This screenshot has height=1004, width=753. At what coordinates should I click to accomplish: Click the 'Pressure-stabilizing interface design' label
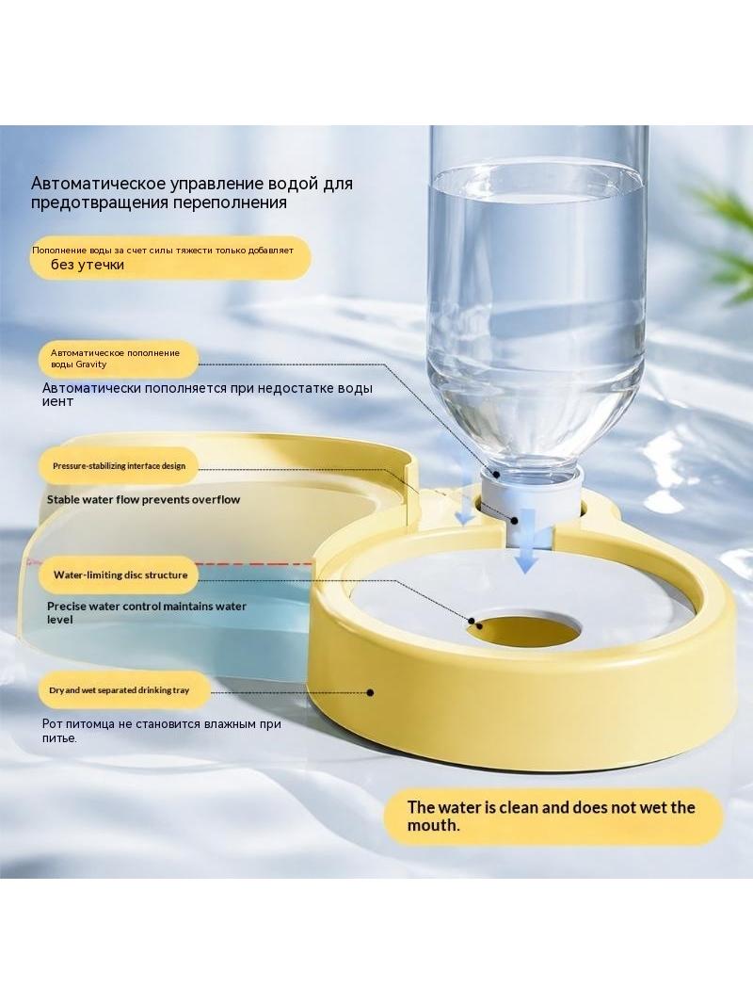click(119, 465)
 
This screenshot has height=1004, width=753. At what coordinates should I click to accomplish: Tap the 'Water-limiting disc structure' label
click(120, 575)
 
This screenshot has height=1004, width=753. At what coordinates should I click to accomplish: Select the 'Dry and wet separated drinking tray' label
click(120, 690)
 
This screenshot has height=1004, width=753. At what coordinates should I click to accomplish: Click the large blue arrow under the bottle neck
click(526, 540)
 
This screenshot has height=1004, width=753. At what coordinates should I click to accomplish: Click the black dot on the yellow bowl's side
click(370, 692)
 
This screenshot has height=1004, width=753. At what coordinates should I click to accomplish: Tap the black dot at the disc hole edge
click(472, 621)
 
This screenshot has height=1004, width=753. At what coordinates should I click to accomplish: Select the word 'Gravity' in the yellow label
click(91, 364)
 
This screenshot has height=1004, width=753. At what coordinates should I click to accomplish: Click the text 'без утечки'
click(87, 265)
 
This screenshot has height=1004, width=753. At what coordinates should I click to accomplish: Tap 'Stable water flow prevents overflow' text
click(143, 499)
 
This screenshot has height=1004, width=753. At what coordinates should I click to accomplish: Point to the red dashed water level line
click(251, 564)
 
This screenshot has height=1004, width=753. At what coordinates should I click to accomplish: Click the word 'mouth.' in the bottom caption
click(434, 825)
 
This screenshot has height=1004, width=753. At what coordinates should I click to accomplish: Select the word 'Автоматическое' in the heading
click(98, 184)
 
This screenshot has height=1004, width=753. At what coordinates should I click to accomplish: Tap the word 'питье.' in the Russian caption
click(59, 738)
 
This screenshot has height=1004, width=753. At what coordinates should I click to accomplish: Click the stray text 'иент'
click(57, 402)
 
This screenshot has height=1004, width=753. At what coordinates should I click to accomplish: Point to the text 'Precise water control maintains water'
click(147, 606)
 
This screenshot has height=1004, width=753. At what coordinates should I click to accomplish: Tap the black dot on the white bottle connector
click(514, 521)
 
